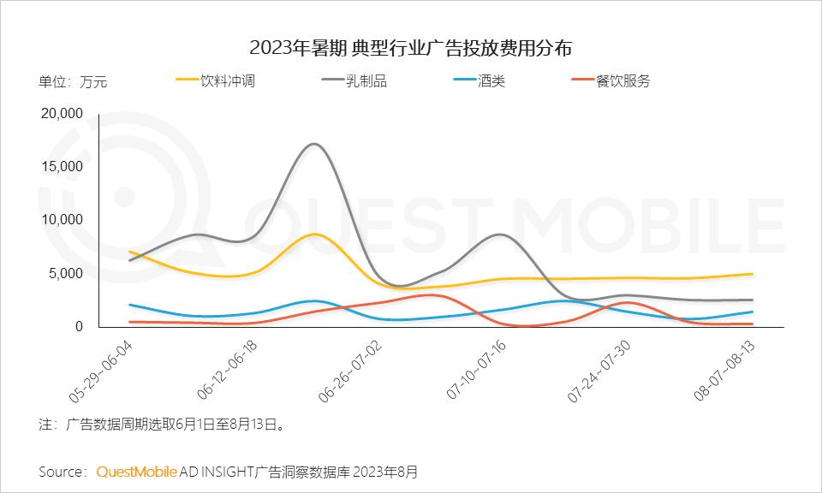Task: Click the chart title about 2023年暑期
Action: click(410, 45)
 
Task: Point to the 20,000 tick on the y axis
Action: click(62, 113)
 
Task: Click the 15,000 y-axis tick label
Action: click(62, 166)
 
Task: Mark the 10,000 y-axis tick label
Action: click(62, 219)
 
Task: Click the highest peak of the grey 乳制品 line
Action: click(314, 144)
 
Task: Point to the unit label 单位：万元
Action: click(73, 83)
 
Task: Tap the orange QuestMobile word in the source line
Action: click(136, 472)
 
